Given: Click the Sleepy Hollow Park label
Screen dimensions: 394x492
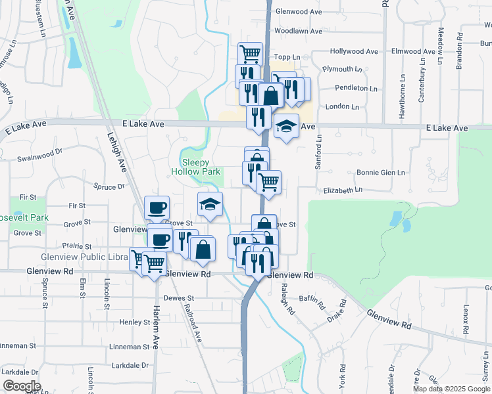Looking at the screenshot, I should coord(196,166).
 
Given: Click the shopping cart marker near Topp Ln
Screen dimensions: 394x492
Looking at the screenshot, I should coord(250,53).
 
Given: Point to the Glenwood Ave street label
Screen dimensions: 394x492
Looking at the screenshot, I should coord(298,12).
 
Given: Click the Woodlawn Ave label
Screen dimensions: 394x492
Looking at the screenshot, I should coord(298,31).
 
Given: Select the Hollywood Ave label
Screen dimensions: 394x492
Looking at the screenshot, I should coord(354,51).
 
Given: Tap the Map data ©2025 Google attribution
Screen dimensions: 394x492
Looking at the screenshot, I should coord(451,389).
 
